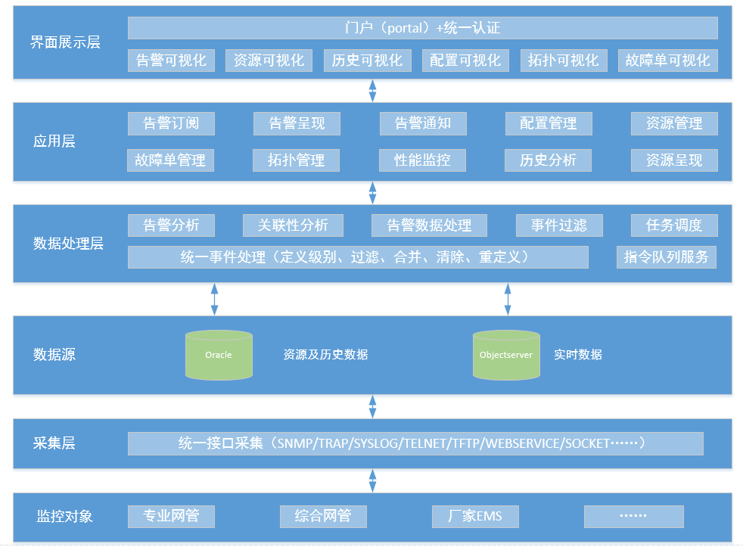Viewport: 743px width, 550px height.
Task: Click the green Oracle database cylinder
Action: [x=219, y=354]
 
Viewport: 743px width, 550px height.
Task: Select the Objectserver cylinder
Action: [x=506, y=354]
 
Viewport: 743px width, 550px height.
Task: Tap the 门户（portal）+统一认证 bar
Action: [x=422, y=28]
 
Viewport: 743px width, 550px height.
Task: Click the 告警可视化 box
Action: [x=171, y=61]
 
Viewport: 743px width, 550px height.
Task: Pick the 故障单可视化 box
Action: [x=667, y=61]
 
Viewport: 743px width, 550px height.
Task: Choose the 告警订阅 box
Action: [x=171, y=123]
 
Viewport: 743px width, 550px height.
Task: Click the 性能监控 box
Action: [x=422, y=160]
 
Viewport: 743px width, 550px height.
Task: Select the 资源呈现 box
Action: [x=674, y=160]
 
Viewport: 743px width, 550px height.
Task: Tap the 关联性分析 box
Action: [x=293, y=225]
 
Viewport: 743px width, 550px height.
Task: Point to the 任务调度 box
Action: [x=674, y=225]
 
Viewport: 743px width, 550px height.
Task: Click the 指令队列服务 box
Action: [x=666, y=256]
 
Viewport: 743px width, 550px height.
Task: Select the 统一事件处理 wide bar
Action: [x=357, y=256]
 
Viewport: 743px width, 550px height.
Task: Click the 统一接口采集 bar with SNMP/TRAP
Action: [x=415, y=443]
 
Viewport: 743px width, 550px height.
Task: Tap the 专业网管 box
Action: [x=171, y=517]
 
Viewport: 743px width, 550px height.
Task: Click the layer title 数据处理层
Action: [x=68, y=244]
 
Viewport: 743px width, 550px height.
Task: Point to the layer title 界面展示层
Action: [x=65, y=42]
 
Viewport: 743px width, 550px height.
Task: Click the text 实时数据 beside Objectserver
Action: [x=578, y=354]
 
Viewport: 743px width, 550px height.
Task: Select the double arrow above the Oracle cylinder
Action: [x=214, y=299]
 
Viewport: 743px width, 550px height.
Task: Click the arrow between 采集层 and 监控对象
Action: [x=372, y=480]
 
